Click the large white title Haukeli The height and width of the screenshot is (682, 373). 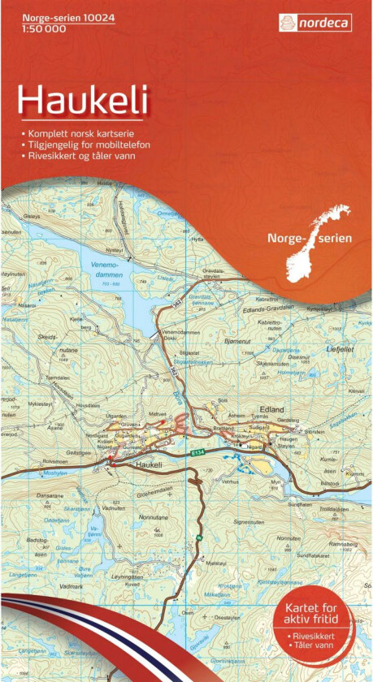pyautogui.click(x=83, y=101)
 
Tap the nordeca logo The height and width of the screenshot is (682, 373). pyautogui.click(x=315, y=23)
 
